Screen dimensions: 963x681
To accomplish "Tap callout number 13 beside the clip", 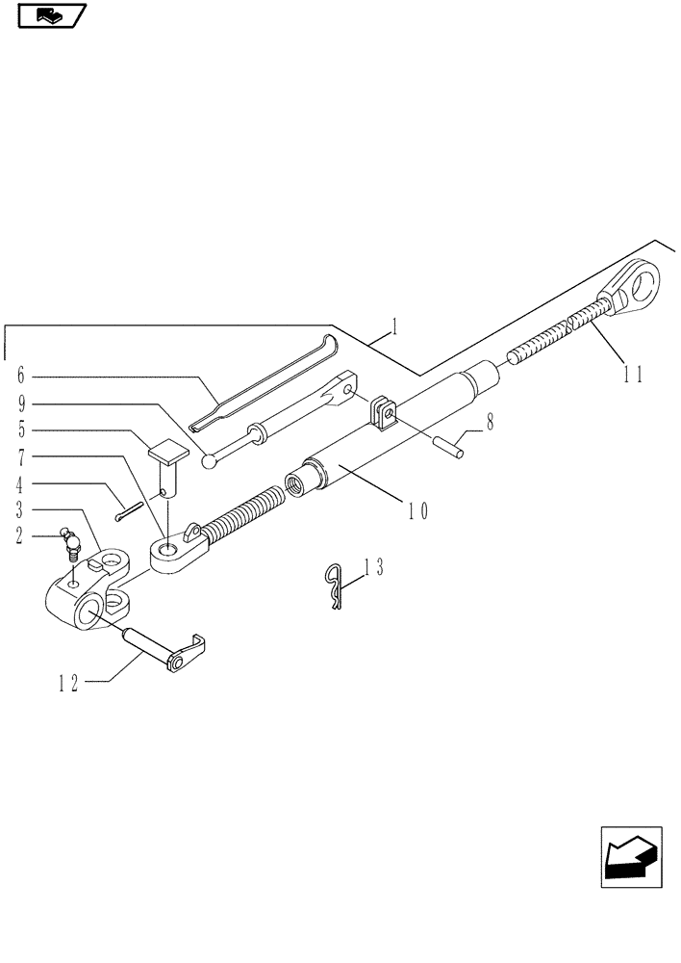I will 372,569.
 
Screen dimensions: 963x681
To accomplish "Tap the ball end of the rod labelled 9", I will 210,461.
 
